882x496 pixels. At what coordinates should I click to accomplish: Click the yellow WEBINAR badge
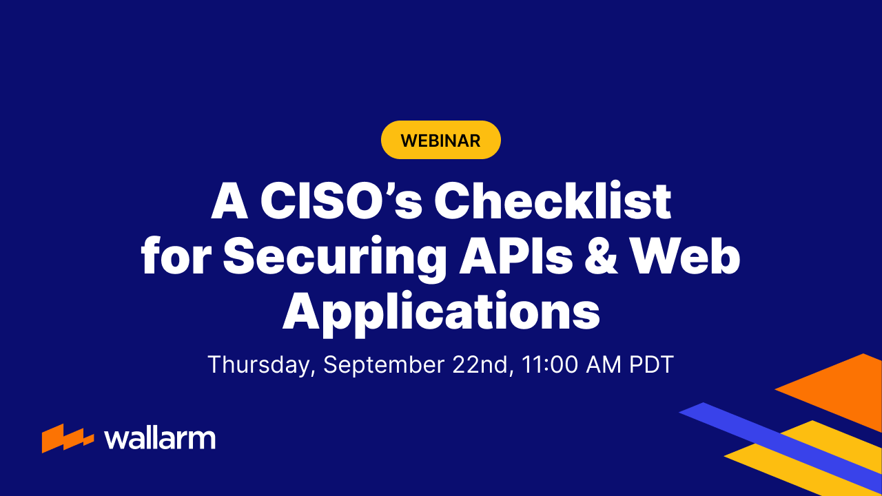tap(440, 140)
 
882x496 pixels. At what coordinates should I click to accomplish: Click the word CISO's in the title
tap(341, 200)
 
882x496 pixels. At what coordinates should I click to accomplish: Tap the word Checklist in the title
tap(553, 200)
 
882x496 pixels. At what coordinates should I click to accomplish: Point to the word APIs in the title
tap(516, 256)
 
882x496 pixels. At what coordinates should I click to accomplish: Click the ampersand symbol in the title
tap(602, 256)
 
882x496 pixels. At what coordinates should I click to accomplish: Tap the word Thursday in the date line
tap(261, 365)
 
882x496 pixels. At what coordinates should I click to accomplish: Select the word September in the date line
tap(384, 366)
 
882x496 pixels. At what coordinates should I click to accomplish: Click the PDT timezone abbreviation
tap(652, 364)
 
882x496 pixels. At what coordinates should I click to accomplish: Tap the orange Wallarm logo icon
tap(68, 438)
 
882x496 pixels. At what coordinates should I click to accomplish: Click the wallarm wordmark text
tap(160, 439)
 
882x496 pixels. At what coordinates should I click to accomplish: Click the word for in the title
tap(176, 255)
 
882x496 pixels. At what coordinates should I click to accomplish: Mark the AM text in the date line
tap(604, 364)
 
